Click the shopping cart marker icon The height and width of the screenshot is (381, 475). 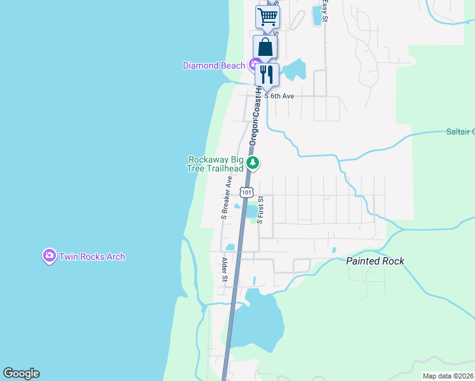point(267,16)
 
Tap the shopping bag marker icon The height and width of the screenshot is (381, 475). point(265,46)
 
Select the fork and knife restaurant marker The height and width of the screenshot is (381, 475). point(267,74)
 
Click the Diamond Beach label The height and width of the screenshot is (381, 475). point(214,65)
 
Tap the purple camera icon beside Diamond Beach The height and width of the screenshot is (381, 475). point(254,64)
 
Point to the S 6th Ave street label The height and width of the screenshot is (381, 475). point(279,96)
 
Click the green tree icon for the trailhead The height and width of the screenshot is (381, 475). point(253,164)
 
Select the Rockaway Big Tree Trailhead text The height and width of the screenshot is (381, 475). point(215,164)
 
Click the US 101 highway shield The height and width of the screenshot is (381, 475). point(246,191)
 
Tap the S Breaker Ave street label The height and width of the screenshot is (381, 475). point(225,197)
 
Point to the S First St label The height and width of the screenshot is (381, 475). point(260,209)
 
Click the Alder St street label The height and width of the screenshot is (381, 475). point(224,269)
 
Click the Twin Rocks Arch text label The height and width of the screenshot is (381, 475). point(92,257)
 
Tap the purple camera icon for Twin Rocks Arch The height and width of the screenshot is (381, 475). point(49,256)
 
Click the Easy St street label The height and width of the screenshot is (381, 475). point(324,11)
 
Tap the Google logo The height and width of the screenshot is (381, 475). point(21,373)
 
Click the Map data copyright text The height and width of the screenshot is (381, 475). point(448,376)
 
